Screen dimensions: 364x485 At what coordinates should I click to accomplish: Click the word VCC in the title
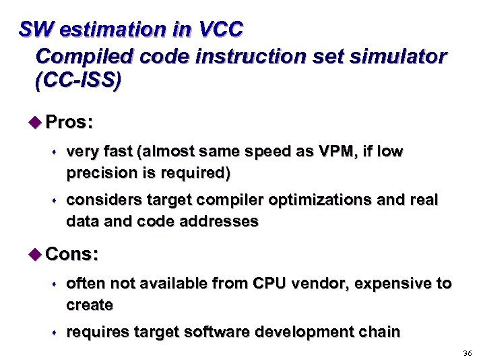pyautogui.click(x=221, y=30)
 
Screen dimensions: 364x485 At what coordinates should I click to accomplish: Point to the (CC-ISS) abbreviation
pyautogui.click(x=77, y=81)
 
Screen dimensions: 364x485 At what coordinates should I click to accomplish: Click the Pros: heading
pyautogui.click(x=69, y=122)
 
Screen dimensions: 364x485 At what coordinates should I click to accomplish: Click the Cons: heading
pyautogui.click(x=73, y=254)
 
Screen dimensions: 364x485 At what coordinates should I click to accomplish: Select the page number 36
pyautogui.click(x=468, y=354)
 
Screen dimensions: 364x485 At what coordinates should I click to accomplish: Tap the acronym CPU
pyautogui.click(x=270, y=284)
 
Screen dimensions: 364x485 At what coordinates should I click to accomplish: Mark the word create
pyautogui.click(x=90, y=305)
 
